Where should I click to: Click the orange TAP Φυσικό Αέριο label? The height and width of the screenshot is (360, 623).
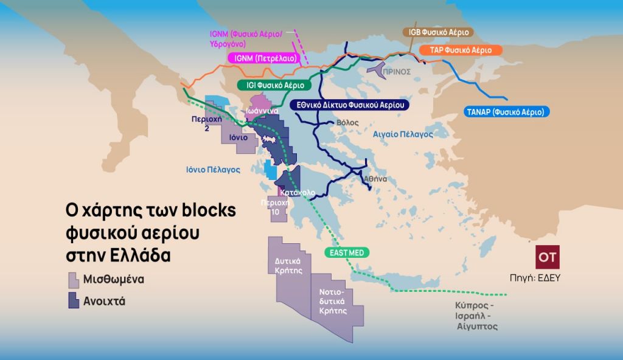click(462, 49)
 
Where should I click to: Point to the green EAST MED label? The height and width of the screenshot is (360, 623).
click(345, 252)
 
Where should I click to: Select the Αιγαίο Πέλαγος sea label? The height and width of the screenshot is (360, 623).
click(402, 133)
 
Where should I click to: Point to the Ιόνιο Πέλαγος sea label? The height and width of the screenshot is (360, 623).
click(213, 170)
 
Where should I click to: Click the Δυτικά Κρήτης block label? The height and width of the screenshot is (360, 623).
click(290, 266)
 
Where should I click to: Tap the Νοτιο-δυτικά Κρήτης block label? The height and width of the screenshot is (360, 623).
click(332, 300)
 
